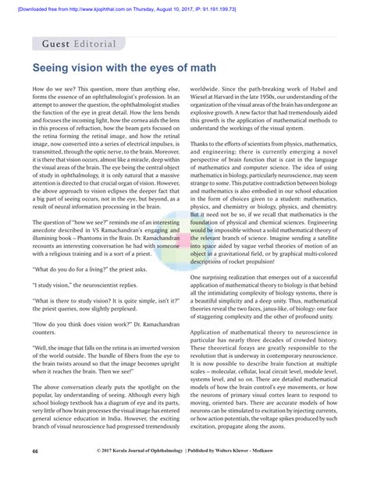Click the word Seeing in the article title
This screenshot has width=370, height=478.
[x=56, y=71]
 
